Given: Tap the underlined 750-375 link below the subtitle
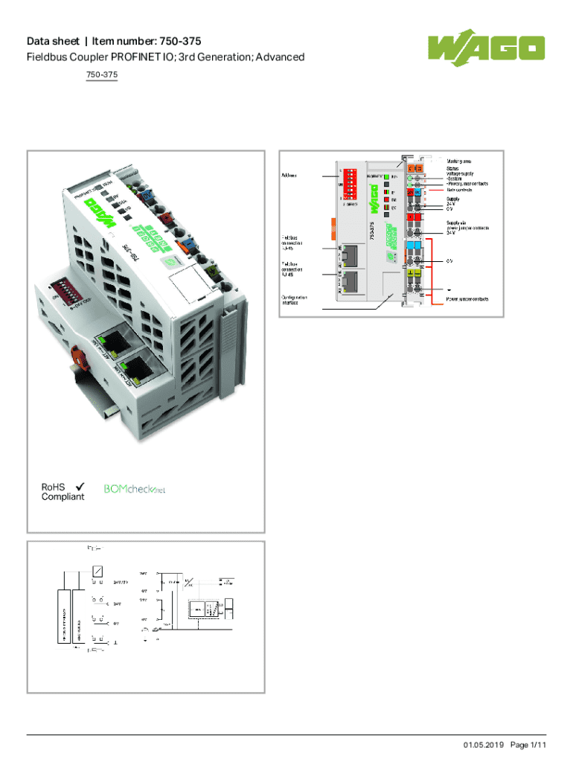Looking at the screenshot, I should point(102,75).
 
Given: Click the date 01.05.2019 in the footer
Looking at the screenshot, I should point(484,745).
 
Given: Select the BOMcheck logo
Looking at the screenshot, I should point(134,489).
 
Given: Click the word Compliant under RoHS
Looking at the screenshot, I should point(63,496).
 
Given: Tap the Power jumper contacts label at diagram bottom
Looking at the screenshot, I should point(467,298).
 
